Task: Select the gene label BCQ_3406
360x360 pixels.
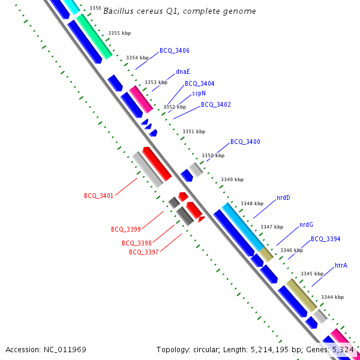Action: [x=175, y=51]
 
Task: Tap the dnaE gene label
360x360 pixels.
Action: [x=183, y=71]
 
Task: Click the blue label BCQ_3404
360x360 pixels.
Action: [x=200, y=84]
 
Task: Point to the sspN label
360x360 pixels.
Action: [x=199, y=94]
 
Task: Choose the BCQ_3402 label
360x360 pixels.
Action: [x=216, y=104]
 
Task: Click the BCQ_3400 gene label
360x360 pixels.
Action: [x=245, y=142]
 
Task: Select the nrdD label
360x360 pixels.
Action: [x=283, y=197]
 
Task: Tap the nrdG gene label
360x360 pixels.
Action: [x=306, y=225]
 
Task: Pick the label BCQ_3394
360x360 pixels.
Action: [x=326, y=239]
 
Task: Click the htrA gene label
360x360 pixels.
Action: [x=341, y=265]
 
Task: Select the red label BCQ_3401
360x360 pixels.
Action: [x=99, y=196]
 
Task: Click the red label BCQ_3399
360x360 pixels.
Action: [x=126, y=229]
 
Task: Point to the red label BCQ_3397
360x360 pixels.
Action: [x=144, y=252]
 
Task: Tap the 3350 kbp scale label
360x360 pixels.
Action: [x=213, y=155]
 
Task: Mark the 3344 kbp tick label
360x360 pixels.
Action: [x=332, y=297]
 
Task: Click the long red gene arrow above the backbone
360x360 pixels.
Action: [x=157, y=163]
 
